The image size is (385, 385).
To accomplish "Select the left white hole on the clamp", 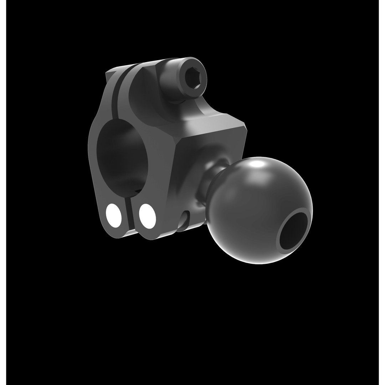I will click(x=114, y=215).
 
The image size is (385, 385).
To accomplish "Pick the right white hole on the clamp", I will click(x=147, y=216).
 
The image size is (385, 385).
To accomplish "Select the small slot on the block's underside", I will click(x=185, y=219).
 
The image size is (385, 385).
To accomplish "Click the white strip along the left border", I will click(x=3, y=192).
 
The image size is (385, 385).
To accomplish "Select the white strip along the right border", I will click(x=382, y=192).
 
